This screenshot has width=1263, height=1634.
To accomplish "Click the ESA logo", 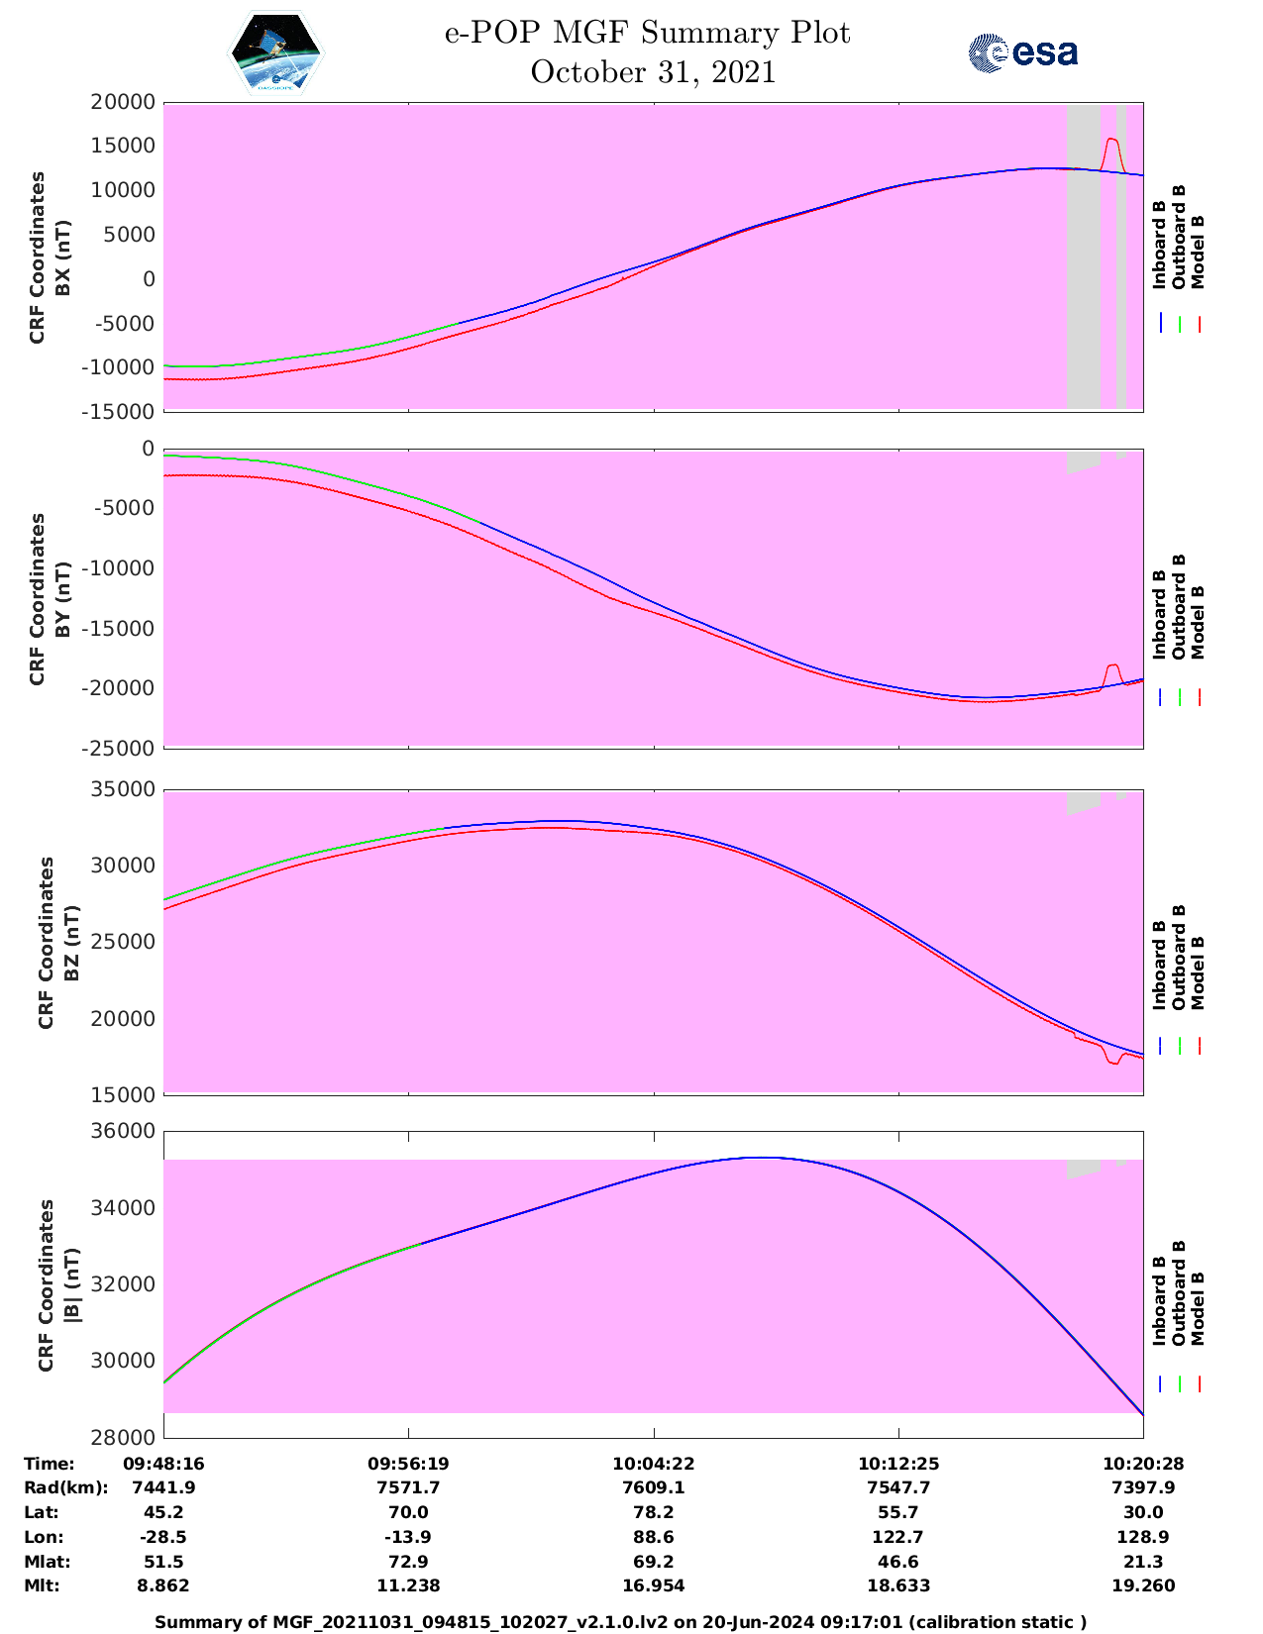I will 1022,52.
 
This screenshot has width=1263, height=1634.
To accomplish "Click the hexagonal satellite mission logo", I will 276,53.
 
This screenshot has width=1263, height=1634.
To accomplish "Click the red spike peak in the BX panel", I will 1110,140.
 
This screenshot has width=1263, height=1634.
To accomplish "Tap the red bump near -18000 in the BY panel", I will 1112,665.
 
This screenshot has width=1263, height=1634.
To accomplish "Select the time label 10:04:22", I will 653,1463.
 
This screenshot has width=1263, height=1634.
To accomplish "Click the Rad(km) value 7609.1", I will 653,1487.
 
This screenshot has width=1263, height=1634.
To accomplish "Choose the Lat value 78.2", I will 653,1512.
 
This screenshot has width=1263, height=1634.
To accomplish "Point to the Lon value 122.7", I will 898,1537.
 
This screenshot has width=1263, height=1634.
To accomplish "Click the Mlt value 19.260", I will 1143,1585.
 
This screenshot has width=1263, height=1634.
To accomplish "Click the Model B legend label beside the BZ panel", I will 1198,972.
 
